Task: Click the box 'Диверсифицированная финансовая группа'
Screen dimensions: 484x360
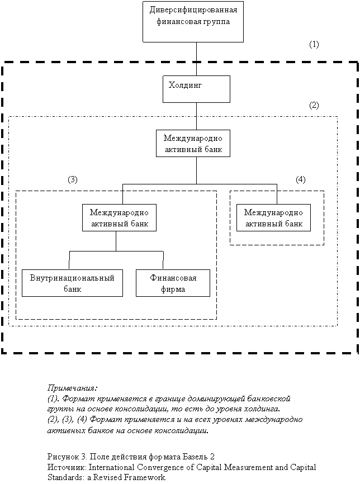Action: click(193, 21)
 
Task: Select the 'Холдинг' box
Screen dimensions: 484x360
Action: click(196, 89)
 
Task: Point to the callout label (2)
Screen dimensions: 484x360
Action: click(314, 105)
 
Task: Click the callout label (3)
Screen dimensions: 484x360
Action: click(73, 179)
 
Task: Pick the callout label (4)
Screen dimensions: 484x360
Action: click(301, 179)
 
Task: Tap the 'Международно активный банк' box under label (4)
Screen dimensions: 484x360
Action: click(273, 218)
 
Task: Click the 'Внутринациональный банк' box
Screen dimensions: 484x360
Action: click(72, 283)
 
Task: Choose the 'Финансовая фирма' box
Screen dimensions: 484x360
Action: click(173, 283)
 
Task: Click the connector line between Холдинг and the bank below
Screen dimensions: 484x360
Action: click(196, 116)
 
